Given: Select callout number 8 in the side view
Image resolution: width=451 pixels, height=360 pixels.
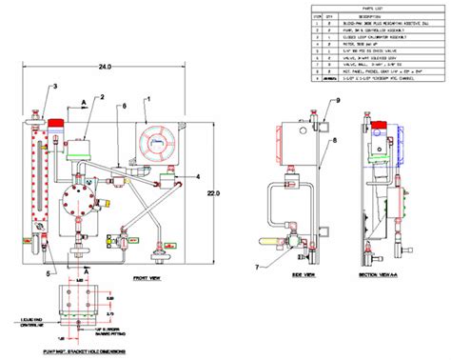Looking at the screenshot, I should (x=334, y=143).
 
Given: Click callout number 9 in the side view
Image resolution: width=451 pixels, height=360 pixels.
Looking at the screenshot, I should (x=336, y=100).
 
